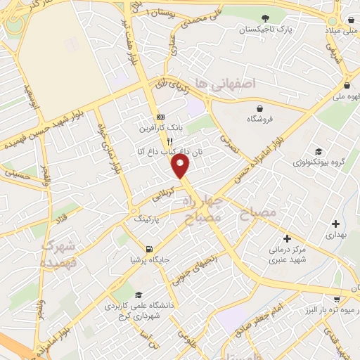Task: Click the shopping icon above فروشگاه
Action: point(260,108)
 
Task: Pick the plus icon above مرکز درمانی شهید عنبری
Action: point(287,237)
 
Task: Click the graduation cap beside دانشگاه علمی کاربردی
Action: point(139,295)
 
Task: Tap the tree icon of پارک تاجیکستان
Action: point(264,18)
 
